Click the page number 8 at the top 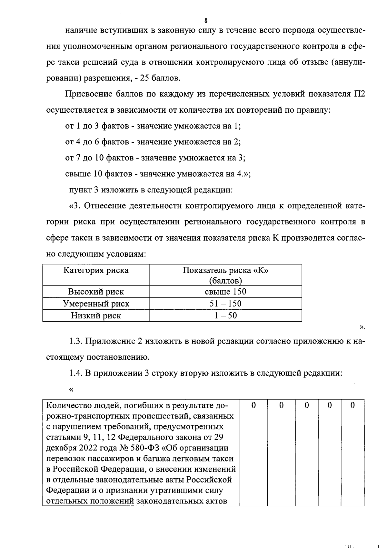(206, 21)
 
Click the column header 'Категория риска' (96, 270)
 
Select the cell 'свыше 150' (225, 292)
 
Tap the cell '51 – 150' (225, 304)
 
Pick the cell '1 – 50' (225, 315)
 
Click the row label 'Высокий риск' (96, 292)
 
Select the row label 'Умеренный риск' (96, 304)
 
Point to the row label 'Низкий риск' (96, 315)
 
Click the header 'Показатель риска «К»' (225, 270)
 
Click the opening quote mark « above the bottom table (71, 389)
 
